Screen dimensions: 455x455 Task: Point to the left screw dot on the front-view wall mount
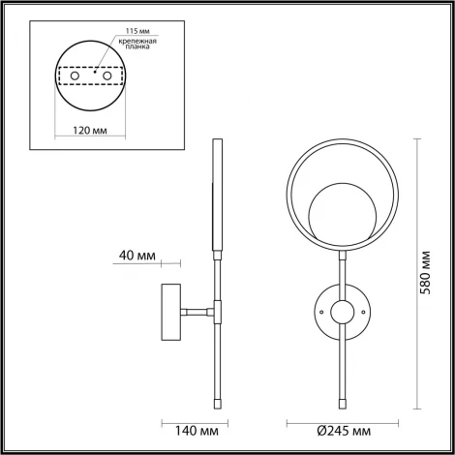pyautogui.click(x=318, y=312)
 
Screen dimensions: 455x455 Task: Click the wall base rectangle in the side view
pyautogui.click(x=169, y=312)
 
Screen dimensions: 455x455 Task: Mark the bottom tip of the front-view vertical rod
pyautogui.click(x=341, y=401)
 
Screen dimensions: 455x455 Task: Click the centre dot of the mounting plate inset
pyautogui.click(x=94, y=71)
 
